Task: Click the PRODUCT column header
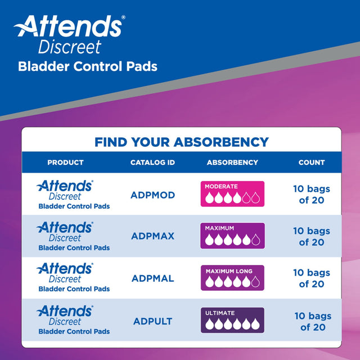click(x=65, y=163)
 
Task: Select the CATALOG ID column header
click(x=152, y=163)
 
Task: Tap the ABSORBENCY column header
click(x=232, y=163)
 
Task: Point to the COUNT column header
click(x=312, y=163)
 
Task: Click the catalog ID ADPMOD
click(x=152, y=195)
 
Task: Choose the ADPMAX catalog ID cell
click(x=152, y=236)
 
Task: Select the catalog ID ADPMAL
click(x=152, y=278)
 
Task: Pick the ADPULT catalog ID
click(x=153, y=321)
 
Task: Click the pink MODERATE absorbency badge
click(x=232, y=194)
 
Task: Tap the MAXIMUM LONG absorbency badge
click(x=232, y=278)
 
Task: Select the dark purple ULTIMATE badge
click(x=232, y=320)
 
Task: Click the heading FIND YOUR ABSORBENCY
click(x=181, y=142)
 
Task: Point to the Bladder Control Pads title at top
click(x=88, y=66)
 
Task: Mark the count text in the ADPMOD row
click(x=312, y=195)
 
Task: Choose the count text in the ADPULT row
click(x=313, y=321)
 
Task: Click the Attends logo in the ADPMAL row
click(x=64, y=268)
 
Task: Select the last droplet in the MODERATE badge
click(x=256, y=198)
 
